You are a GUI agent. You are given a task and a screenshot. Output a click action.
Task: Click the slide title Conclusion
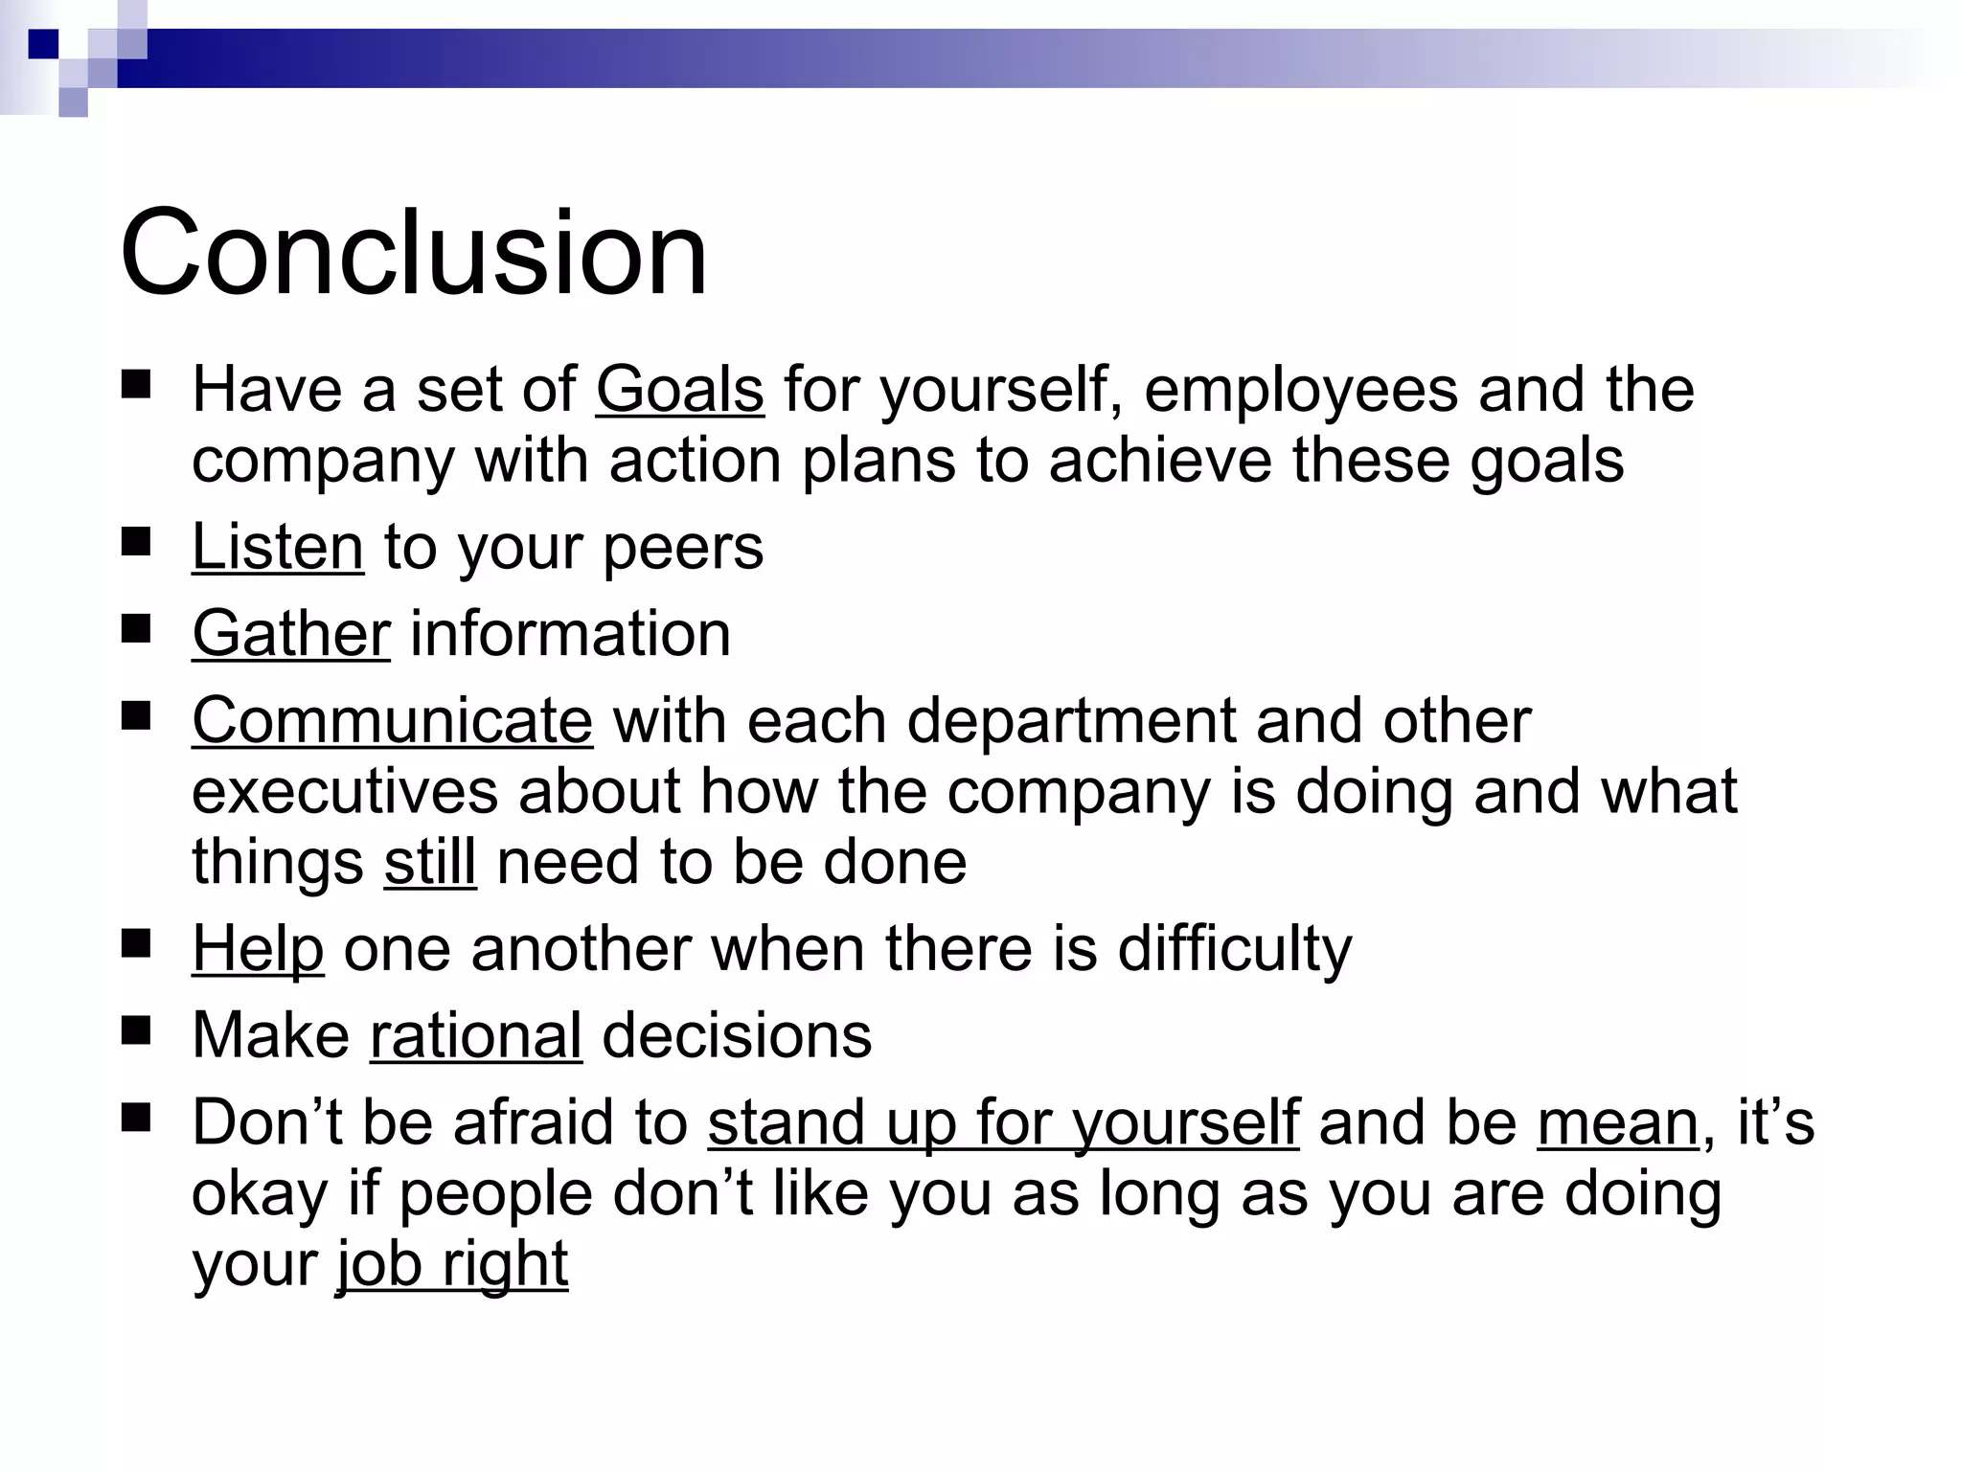point(413,254)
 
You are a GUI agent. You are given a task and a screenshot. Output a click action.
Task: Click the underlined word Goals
point(679,391)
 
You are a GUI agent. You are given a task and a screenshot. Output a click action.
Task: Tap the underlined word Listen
point(278,548)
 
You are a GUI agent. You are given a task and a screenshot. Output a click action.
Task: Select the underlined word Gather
point(291,634)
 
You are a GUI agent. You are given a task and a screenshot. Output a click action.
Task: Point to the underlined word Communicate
point(392,721)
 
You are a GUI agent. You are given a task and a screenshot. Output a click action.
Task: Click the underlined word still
point(430,862)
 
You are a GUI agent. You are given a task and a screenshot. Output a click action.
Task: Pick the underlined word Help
point(258,949)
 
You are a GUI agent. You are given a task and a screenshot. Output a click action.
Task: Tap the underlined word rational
point(476,1036)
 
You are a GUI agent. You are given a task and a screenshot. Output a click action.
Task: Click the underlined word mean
point(1618,1123)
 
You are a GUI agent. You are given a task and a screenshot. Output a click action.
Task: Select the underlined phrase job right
point(452,1264)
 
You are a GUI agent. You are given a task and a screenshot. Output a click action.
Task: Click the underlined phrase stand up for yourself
point(1003,1123)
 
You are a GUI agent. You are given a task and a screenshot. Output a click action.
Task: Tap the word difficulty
point(1235,949)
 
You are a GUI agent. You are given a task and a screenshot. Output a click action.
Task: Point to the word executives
point(346,792)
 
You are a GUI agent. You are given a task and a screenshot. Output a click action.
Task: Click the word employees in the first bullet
point(1301,391)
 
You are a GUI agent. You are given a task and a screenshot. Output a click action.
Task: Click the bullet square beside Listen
point(136,543)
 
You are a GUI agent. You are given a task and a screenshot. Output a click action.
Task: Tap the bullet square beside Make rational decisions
point(136,1030)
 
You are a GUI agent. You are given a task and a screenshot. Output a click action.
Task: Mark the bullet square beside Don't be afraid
point(136,1118)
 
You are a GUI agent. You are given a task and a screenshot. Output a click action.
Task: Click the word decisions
point(737,1036)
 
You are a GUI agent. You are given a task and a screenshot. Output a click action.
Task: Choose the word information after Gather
point(570,634)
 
